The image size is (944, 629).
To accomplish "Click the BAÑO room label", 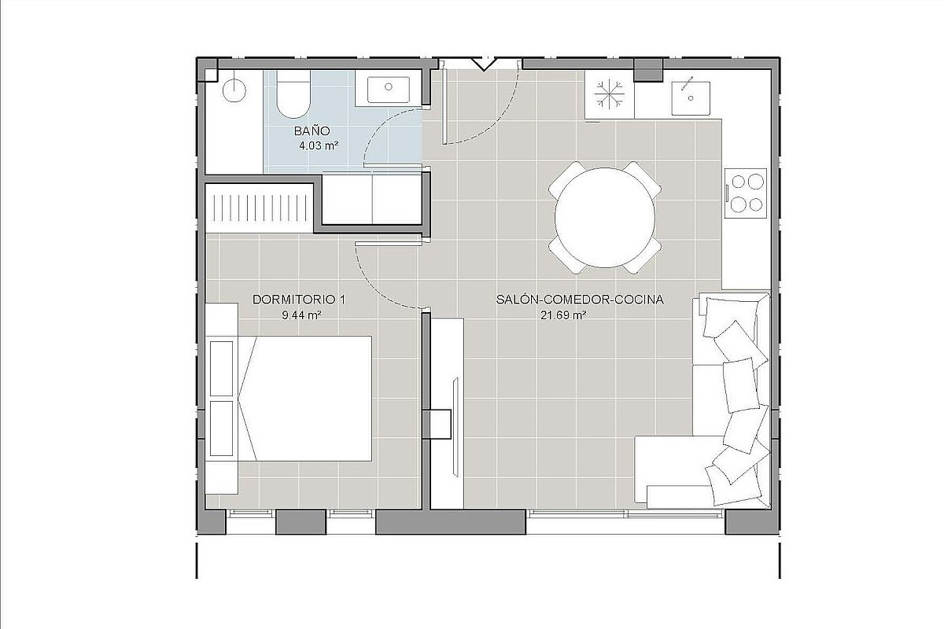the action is click(x=312, y=131).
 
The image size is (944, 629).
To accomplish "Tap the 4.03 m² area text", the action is click(x=319, y=146).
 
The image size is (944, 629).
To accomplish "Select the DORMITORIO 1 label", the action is click(x=299, y=300).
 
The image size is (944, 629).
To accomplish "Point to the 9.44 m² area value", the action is click(x=302, y=314).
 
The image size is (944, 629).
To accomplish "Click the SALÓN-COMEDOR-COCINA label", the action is click(x=580, y=300).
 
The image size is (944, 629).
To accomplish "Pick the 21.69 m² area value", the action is click(x=564, y=314).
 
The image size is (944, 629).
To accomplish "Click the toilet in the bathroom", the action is click(x=293, y=94).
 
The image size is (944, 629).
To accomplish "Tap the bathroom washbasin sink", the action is click(x=388, y=90).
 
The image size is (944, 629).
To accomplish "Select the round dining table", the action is click(x=605, y=217).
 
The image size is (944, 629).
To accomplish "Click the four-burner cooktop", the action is click(x=746, y=193).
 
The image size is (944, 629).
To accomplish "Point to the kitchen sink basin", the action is click(x=691, y=98).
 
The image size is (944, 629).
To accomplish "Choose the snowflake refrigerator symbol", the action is click(x=609, y=94).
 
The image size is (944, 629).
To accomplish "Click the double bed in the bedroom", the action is click(x=305, y=399).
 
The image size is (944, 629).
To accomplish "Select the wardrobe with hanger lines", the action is click(x=259, y=208).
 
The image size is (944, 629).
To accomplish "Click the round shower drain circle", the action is click(x=234, y=90).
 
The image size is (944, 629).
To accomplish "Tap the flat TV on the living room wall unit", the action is click(x=455, y=427).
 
